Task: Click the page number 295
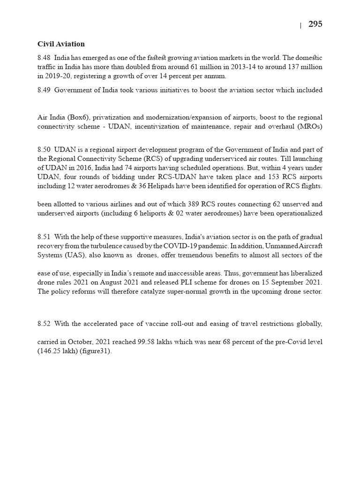pos(315,24)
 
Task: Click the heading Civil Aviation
pos(61,44)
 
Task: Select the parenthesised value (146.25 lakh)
pos(59,352)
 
